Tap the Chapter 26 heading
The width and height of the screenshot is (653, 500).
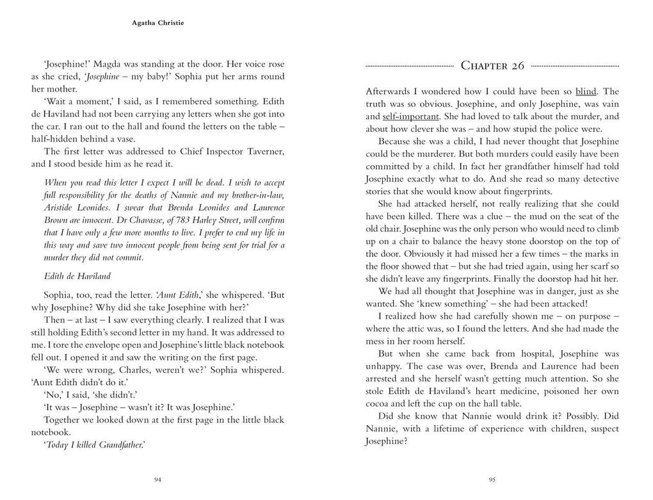492,65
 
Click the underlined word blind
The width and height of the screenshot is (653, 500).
585,92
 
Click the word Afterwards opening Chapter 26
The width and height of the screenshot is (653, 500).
389,92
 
